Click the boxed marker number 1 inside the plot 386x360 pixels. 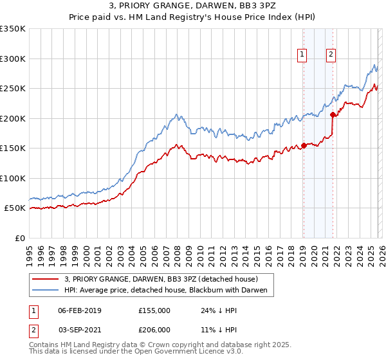tap(302, 55)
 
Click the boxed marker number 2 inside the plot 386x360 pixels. tap(331, 55)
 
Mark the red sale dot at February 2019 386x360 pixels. tap(303, 145)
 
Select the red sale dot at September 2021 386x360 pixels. tap(333, 115)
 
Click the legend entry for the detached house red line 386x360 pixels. tap(161, 279)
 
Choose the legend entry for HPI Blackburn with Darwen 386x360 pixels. tap(169, 291)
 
